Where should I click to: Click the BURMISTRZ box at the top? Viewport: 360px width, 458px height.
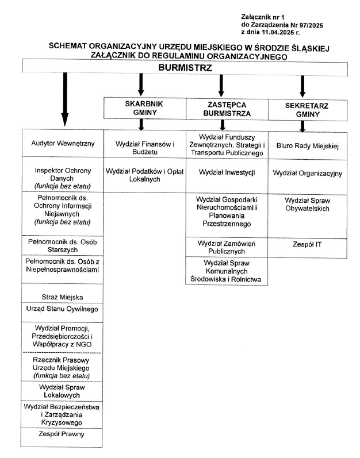185,67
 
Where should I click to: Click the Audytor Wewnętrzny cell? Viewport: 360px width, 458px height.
62,143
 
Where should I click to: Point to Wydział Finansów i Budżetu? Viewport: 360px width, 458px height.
144,147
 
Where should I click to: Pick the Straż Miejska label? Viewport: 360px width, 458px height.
62,297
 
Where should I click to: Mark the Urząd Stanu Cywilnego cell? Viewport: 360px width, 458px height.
62,309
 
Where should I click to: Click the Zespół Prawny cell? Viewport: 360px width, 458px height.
62,434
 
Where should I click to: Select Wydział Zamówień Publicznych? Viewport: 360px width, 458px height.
227,247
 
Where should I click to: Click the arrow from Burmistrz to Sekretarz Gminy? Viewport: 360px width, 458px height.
302,86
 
